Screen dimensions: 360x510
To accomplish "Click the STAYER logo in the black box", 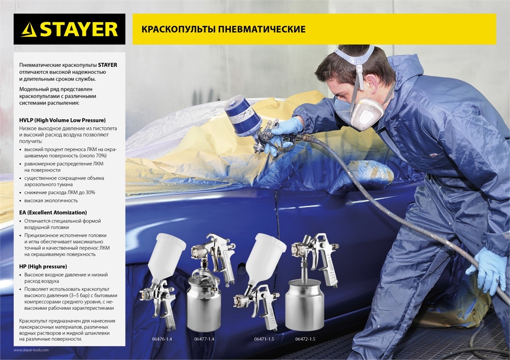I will pos(69,29).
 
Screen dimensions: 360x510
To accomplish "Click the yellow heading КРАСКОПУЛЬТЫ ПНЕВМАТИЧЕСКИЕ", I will pos(220,29).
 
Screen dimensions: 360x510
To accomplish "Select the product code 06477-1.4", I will pos(204,339).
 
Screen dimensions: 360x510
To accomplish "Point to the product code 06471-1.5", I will pos(264,339).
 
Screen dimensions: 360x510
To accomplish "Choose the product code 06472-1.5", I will pos(305,339).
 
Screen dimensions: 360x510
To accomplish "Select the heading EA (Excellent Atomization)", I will pos(53,212).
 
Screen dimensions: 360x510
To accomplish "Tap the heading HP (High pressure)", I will pos(43,266).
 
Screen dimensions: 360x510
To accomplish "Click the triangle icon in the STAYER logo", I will pos(29,30).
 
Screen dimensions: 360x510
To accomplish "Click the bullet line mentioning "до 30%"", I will pos(60,192).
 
